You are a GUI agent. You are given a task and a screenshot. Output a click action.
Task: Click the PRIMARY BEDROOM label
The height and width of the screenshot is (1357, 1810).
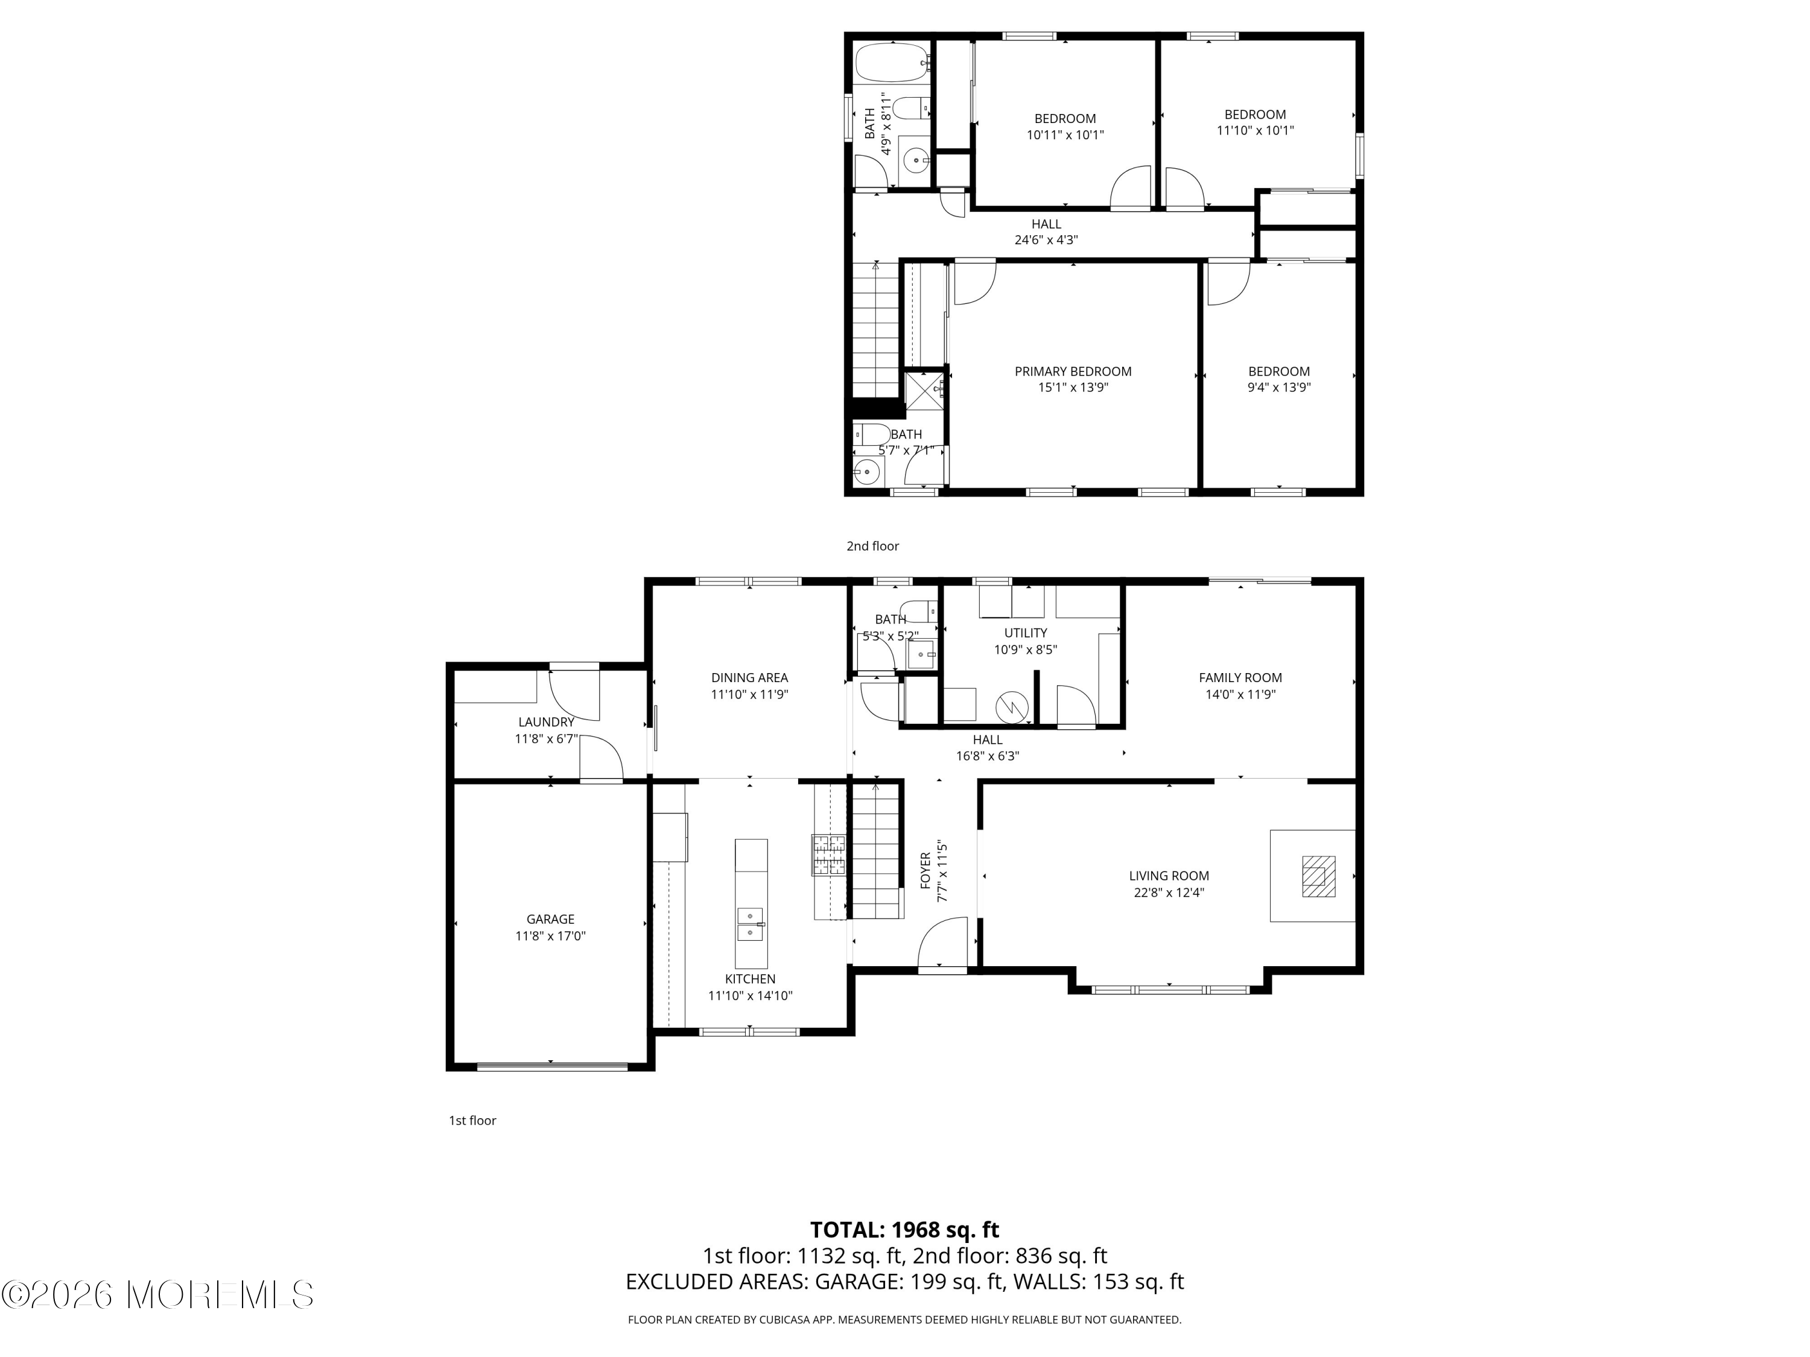point(1073,372)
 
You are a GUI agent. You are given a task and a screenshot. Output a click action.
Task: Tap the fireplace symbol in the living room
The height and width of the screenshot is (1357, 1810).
point(1318,876)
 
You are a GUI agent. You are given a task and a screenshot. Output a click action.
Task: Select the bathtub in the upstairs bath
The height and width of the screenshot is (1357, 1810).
point(892,62)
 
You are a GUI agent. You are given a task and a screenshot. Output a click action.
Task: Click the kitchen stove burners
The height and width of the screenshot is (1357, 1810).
point(828,855)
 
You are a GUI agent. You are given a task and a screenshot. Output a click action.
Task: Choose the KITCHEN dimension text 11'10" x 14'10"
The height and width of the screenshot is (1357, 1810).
point(751,996)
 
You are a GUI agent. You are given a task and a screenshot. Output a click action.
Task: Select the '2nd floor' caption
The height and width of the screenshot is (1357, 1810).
point(872,546)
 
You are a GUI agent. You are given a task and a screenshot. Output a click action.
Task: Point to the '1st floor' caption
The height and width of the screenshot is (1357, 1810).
point(472,1120)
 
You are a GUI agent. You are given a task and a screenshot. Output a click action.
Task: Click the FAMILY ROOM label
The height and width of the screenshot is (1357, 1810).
point(1240,677)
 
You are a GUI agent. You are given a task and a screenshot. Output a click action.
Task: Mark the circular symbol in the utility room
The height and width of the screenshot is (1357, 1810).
point(1011,707)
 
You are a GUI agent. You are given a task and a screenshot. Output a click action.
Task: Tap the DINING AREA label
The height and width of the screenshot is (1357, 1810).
point(749,677)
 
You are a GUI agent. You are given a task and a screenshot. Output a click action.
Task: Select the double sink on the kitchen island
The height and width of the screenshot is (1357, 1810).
point(751,923)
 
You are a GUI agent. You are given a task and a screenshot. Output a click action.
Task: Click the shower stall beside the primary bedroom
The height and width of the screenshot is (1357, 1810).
point(924,390)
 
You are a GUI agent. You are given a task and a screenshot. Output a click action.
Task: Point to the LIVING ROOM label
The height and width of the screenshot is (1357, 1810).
point(1169,875)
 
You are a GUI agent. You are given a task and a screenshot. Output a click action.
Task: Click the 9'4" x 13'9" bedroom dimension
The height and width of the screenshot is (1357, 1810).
point(1279,388)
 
